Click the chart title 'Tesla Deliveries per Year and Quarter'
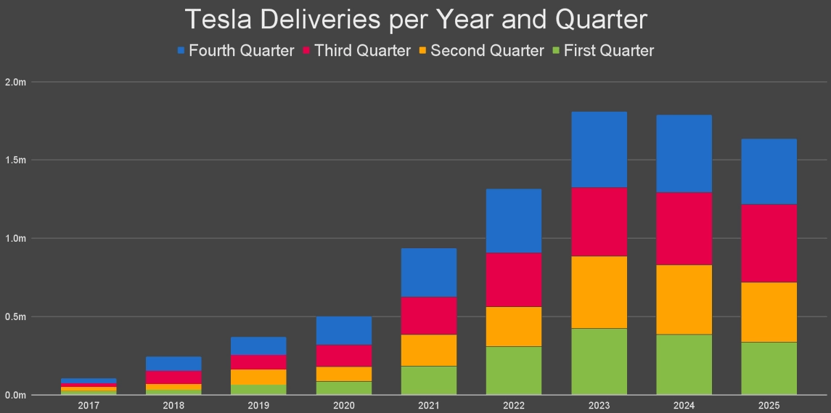tap(415, 20)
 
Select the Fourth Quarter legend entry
tap(235, 51)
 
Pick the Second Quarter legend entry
tap(480, 51)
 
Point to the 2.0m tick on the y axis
tap(15, 81)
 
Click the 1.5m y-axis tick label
tap(15, 160)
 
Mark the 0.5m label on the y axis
tap(15, 316)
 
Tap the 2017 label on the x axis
tap(89, 404)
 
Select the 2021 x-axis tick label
tap(429, 404)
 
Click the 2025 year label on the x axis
tap(769, 404)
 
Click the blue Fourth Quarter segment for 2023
tap(599, 150)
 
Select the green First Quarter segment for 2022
tap(514, 370)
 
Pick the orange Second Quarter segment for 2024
tap(684, 299)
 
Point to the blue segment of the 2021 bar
tap(429, 272)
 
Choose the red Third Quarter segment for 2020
tap(344, 356)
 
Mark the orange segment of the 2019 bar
tap(258, 377)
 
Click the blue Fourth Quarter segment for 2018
tap(173, 364)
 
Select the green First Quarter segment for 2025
tap(769, 368)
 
